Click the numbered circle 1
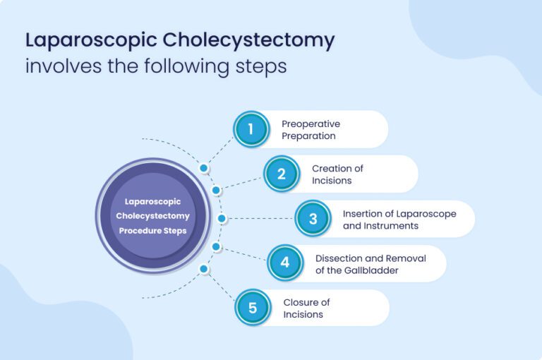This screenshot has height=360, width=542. (x=251, y=129)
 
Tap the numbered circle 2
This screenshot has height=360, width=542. (x=281, y=174)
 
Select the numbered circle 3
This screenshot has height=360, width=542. (x=313, y=219)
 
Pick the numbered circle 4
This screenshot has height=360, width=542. (x=284, y=263)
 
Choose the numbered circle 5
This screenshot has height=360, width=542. (x=252, y=308)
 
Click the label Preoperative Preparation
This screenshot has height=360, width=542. (x=311, y=129)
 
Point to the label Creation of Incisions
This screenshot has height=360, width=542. (x=337, y=174)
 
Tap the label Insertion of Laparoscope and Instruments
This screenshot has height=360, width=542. (x=399, y=220)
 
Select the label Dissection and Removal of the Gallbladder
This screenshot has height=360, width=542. (x=371, y=264)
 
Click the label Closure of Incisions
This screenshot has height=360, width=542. (x=306, y=308)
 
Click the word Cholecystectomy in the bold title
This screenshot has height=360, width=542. (x=248, y=40)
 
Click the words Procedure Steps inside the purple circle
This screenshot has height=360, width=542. (x=152, y=231)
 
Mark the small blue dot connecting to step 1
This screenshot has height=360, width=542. (x=204, y=169)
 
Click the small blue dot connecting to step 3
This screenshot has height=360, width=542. (x=222, y=219)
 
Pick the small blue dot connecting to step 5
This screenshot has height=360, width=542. (x=204, y=269)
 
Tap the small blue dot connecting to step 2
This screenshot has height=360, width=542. (x=217, y=191)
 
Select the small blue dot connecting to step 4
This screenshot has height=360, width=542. (x=217, y=246)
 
